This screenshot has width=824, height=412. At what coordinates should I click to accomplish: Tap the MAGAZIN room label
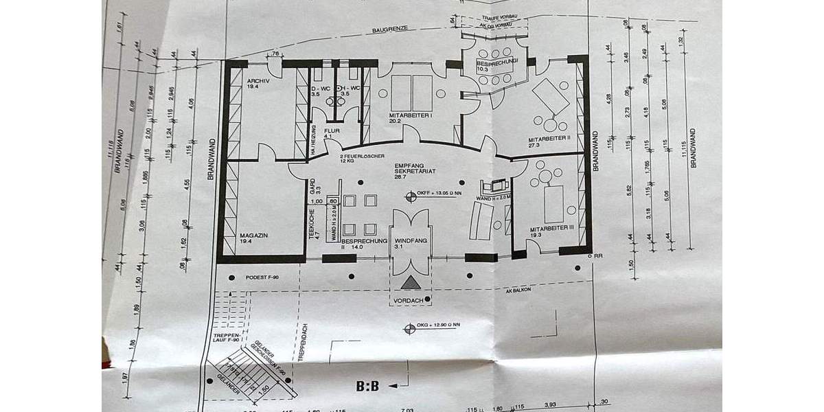(254, 235)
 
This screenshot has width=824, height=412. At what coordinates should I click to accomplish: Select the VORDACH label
(410, 300)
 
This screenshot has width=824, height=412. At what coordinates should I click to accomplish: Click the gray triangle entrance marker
(410, 282)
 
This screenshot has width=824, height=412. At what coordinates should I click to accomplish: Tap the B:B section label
(367, 386)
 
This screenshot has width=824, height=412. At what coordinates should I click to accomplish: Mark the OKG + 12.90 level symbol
(410, 327)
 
